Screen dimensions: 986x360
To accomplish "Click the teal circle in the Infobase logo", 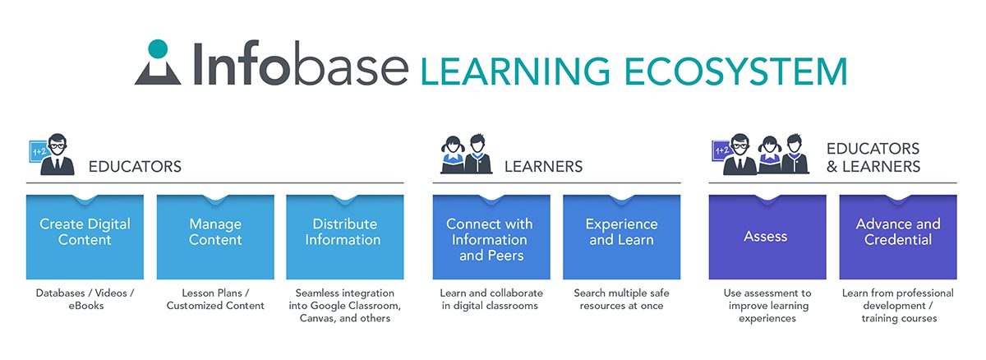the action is click(158, 48).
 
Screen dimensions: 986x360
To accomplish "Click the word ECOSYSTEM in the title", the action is click(735, 72).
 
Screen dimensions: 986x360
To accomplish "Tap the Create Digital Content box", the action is click(85, 237).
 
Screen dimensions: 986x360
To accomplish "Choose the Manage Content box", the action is click(215, 237).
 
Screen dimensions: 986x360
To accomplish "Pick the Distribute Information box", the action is click(344, 237).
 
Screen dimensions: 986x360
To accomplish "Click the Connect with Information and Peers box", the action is click(491, 237).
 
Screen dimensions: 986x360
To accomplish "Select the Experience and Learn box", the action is click(621, 237).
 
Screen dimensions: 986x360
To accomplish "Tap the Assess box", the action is click(767, 237).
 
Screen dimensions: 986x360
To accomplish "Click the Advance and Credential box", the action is click(898, 237).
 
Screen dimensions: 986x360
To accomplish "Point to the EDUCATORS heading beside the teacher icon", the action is click(135, 167).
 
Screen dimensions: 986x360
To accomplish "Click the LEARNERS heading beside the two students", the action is click(543, 167).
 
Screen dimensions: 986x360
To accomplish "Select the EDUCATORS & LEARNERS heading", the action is click(873, 158).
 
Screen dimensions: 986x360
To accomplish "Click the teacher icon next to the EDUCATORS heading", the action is click(52, 154).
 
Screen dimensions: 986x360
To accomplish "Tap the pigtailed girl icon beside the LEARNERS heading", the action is click(453, 155).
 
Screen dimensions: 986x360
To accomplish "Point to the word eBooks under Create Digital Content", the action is click(85, 306).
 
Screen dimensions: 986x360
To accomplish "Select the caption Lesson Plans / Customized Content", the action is click(215, 299).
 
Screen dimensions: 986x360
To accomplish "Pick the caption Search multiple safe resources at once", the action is click(621, 299).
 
